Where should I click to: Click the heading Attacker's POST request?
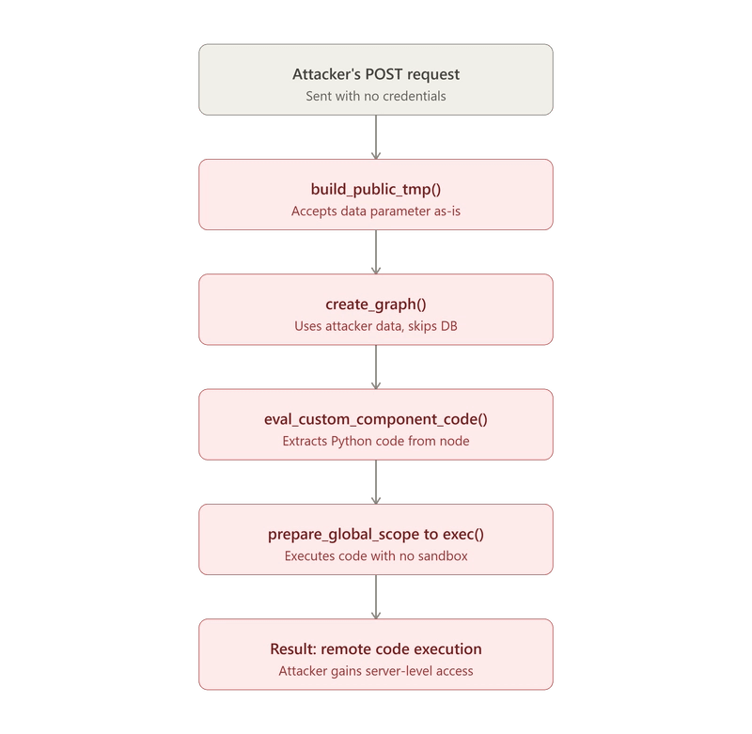(x=375, y=74)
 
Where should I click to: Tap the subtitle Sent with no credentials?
(x=375, y=96)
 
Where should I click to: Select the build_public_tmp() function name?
(x=375, y=189)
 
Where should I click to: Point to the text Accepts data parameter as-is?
(x=375, y=211)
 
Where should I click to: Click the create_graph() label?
(x=375, y=305)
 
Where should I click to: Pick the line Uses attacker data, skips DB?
(x=375, y=326)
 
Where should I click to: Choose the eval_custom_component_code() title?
(x=375, y=419)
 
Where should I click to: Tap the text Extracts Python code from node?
(x=375, y=441)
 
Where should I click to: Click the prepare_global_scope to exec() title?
(x=375, y=534)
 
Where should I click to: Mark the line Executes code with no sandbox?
(x=375, y=556)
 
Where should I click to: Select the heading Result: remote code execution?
(x=375, y=649)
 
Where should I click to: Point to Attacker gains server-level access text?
(x=375, y=671)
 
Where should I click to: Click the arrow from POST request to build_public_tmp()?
(x=376, y=137)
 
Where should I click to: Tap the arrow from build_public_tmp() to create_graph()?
(x=376, y=252)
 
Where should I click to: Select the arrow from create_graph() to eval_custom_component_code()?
(x=376, y=367)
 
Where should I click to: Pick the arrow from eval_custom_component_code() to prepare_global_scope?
(x=376, y=482)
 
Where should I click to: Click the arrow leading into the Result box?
(x=376, y=597)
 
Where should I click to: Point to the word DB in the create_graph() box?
(x=449, y=326)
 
